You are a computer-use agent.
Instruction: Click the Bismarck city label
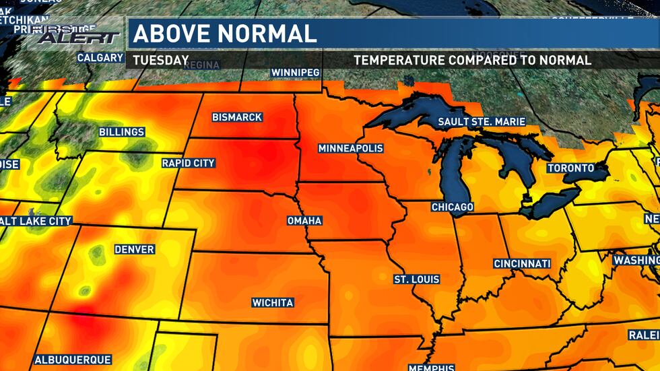coord(236,117)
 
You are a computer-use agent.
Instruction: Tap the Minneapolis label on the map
coord(350,148)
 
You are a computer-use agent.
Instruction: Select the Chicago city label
coord(452,207)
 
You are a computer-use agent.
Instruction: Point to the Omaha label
coord(304,221)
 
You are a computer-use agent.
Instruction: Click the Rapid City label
coord(188,163)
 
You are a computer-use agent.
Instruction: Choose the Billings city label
coord(121,132)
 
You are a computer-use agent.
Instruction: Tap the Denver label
coord(134,250)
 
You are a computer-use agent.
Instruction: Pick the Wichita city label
coord(273,303)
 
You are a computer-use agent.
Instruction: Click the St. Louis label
coord(417,279)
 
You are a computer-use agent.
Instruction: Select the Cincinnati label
coord(522,263)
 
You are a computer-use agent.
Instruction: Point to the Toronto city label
coord(570,168)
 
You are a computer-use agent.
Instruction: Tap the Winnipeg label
coord(294,72)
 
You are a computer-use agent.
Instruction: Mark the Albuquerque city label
coord(73,360)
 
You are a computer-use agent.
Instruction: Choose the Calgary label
coord(100,58)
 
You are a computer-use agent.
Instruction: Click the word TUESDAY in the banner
coord(160,60)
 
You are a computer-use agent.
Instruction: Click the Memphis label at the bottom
coord(431,367)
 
